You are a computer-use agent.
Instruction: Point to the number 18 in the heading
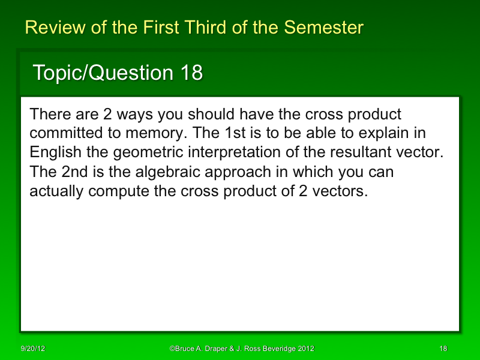pyautogui.click(x=191, y=73)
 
